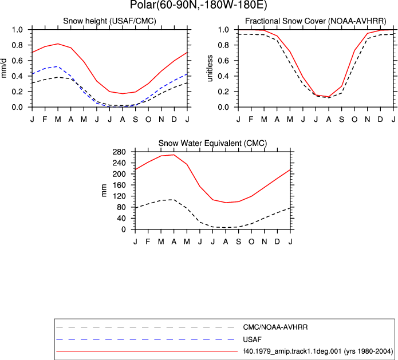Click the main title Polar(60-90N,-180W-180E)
tap(199, 5)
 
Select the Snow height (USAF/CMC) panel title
tap(109, 21)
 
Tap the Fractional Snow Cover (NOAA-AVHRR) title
tap(316, 21)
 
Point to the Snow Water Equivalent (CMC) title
tap(212, 143)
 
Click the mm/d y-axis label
tap(4, 68)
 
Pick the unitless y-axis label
tap(210, 68)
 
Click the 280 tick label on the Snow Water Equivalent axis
tap(120, 152)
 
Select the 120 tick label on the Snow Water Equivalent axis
tap(120, 196)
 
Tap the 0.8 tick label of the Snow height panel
tap(17, 45)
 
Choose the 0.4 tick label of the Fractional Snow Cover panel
tap(223, 76)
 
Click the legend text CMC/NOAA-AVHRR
tap(275, 327)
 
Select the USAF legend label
tap(252, 339)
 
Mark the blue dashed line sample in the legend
tap(145, 339)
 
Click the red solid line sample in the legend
tap(147, 351)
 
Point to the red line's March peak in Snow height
tap(58, 43)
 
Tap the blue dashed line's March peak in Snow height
tap(58, 66)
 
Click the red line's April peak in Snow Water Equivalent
tap(174, 155)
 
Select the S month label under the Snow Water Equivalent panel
tap(238, 242)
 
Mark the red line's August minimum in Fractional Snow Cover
tap(329, 97)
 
